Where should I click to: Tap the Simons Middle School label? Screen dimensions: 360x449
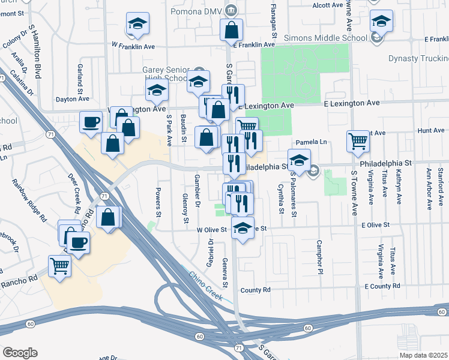(335, 38)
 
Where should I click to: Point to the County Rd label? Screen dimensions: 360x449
(256, 290)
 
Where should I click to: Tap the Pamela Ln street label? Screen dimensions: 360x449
(314, 142)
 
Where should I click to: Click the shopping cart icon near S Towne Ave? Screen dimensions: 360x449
(358, 142)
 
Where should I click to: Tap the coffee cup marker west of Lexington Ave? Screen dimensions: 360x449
(91, 122)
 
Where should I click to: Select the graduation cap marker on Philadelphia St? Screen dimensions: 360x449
(298, 160)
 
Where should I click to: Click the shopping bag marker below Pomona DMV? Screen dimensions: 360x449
(231, 29)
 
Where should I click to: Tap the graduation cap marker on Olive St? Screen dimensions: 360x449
(243, 229)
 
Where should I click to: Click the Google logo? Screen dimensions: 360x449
(20, 353)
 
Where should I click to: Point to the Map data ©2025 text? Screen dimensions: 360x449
(423, 355)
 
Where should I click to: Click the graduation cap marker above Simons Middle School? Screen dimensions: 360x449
(381, 21)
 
